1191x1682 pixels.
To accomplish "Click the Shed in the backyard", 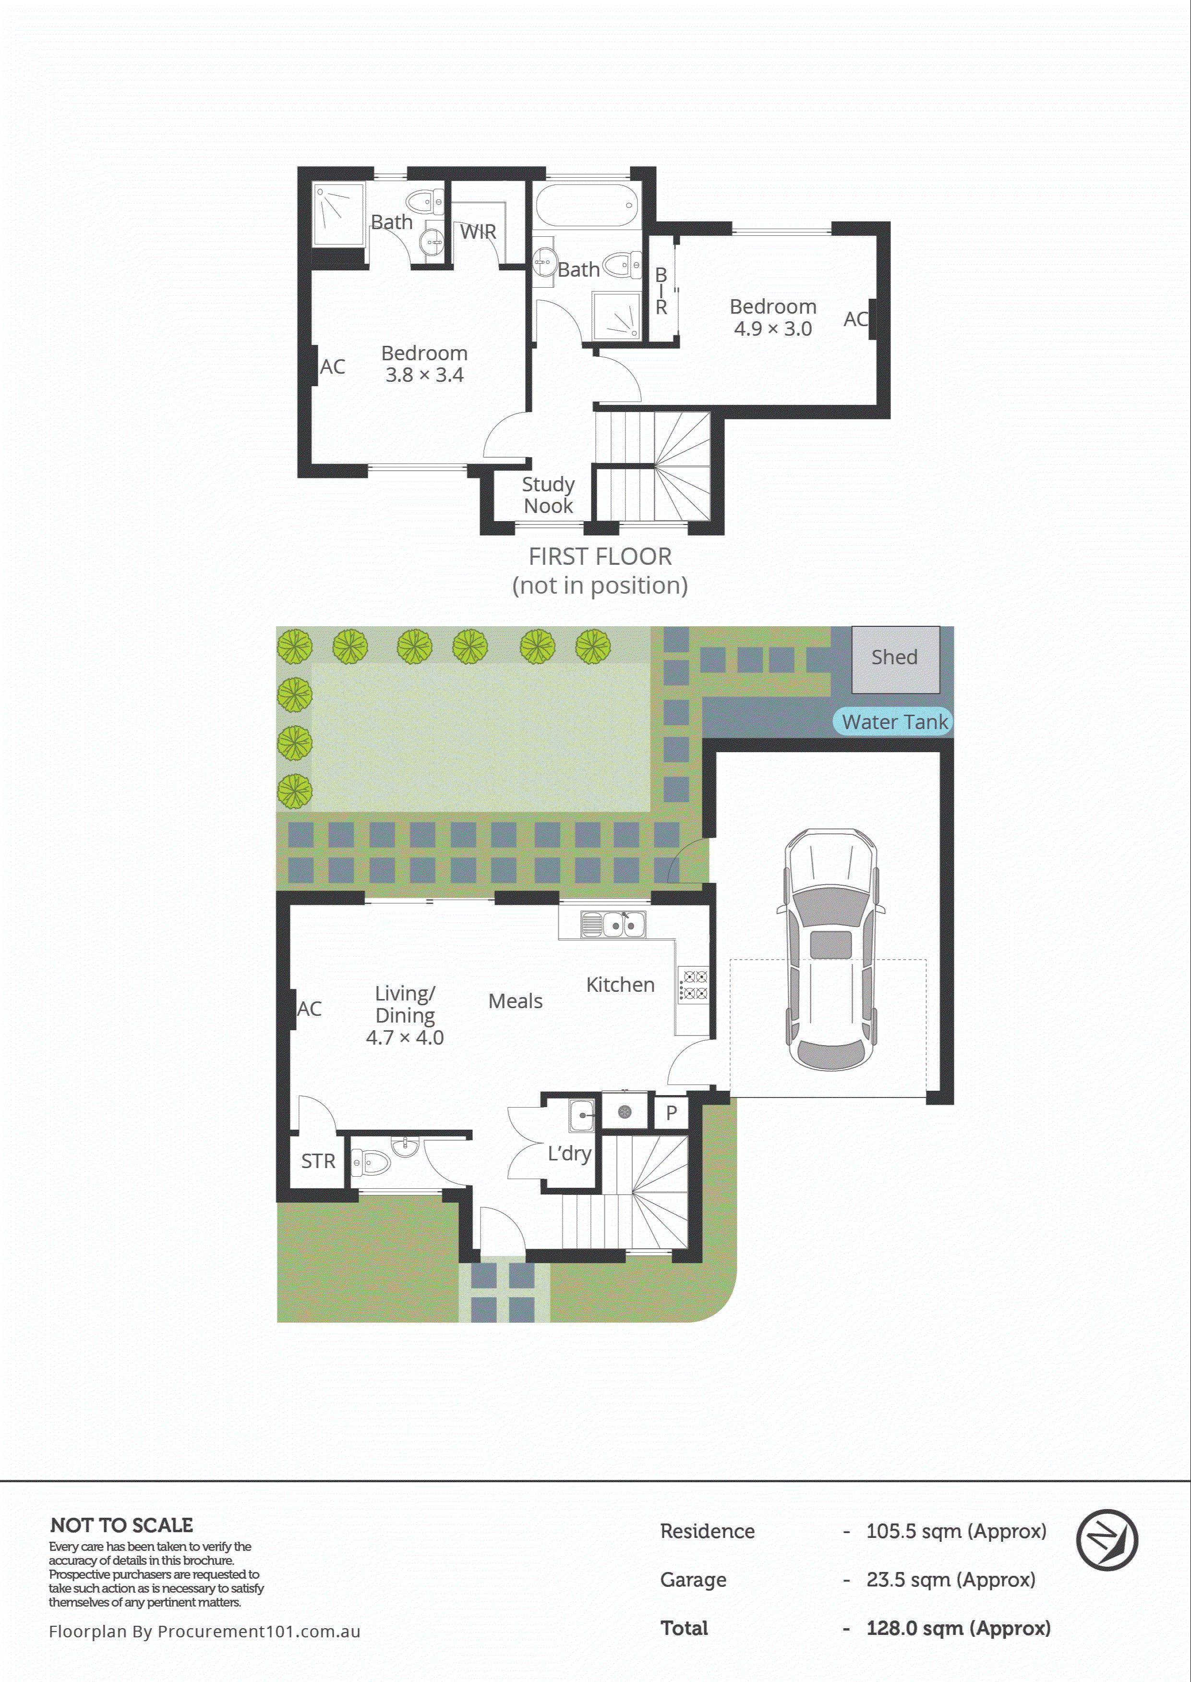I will [895, 658].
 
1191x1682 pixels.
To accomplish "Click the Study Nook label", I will [548, 495].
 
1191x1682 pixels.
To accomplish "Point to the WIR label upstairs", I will [478, 232].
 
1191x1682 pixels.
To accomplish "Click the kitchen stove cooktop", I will [693, 985].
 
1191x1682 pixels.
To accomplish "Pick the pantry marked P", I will [671, 1113].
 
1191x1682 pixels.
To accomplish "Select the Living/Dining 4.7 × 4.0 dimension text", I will [405, 1037].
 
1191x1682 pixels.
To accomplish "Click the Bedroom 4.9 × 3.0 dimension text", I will [773, 329].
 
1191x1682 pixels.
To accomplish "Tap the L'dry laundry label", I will [569, 1154].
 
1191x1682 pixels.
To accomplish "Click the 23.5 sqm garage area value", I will [950, 1579].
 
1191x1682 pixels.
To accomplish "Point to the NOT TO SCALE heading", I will [122, 1524].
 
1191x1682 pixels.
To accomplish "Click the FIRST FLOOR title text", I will [600, 557].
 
